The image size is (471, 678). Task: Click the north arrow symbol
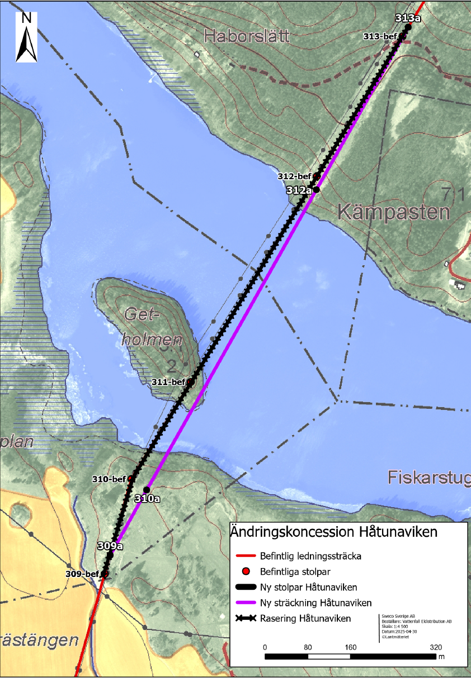pos(26,37)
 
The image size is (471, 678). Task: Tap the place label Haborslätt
pos(247,37)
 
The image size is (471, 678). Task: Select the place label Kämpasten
pos(393,212)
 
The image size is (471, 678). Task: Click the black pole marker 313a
pos(408,27)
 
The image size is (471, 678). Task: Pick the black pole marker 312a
pos(315,190)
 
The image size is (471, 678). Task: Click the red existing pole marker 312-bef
pos(316,176)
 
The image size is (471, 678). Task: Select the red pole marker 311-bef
pos(191,382)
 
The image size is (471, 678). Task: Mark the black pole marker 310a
pos(147,490)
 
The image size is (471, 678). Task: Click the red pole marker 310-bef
pos(131,479)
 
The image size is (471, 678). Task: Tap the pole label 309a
pos(110,546)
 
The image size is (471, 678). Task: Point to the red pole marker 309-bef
pos(104,574)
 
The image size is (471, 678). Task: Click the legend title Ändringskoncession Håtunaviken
pos(333,532)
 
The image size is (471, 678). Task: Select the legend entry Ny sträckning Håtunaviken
pos(315,603)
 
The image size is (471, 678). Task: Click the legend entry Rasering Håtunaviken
pos(305,618)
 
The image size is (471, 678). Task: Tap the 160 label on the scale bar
pos(350,647)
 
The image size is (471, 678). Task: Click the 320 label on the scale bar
pos(436,647)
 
